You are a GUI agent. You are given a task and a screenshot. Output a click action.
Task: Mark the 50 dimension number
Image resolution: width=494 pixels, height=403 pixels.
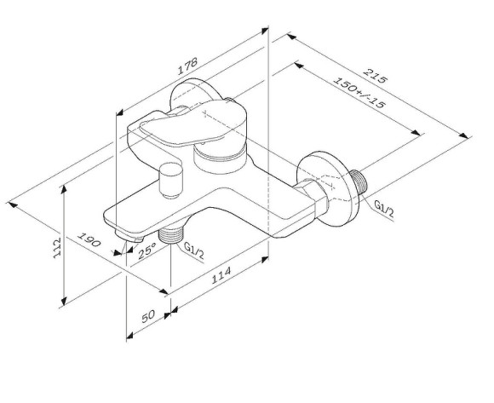(146, 317)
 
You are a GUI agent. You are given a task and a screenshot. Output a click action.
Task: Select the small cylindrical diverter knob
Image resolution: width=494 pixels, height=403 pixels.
(170, 181)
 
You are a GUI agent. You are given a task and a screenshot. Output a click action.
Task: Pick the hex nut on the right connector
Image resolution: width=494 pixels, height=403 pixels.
(308, 198)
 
